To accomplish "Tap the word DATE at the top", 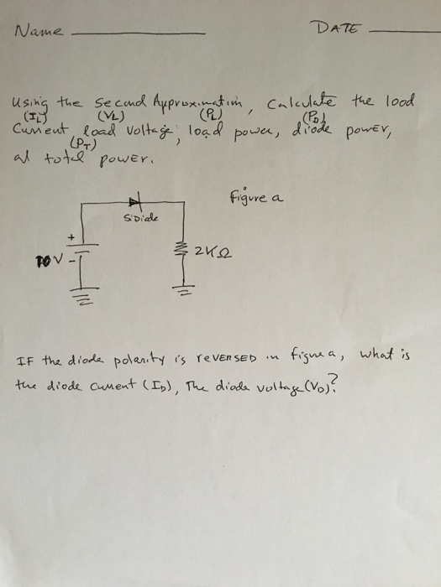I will [x=339, y=29].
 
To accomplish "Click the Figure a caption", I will [x=256, y=198].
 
